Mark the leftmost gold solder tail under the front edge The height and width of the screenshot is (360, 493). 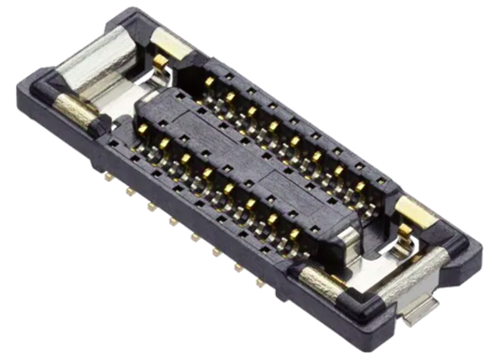[109, 177]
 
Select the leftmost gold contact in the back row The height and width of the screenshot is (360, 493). [209, 82]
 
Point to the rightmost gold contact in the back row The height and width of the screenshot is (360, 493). [360, 187]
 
